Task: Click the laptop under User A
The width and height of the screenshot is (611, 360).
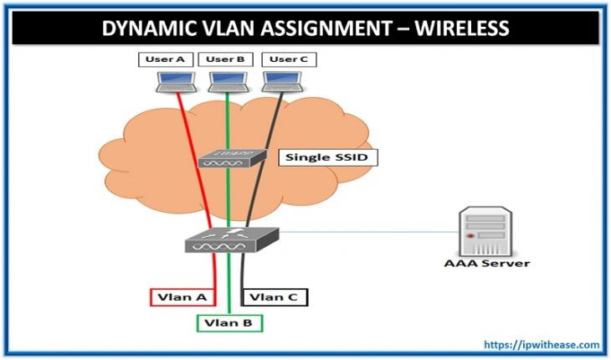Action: click(x=177, y=80)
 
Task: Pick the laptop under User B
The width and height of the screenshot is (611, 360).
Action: click(x=227, y=80)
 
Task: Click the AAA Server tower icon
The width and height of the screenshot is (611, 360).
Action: click(x=486, y=232)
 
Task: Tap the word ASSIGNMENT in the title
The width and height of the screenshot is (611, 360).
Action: click(x=311, y=28)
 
